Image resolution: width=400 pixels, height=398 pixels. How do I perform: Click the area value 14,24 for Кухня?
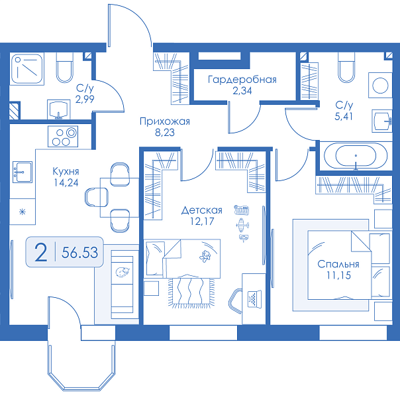coord(66,182)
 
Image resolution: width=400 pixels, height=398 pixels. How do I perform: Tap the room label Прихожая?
coord(165,121)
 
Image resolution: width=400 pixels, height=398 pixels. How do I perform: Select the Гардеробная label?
coord(242,80)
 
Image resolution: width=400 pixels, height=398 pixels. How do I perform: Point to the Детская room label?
coord(202,210)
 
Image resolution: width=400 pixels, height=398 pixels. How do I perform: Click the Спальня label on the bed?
coord(338,264)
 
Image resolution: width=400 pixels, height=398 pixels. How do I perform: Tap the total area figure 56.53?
coord(80,252)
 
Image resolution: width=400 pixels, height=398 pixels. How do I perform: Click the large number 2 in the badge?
coord(41,252)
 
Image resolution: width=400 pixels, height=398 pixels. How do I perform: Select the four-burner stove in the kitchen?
coord(63,137)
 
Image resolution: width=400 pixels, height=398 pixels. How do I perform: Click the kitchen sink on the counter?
coord(23,172)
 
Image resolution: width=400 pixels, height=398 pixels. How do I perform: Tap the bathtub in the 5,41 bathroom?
coord(356,156)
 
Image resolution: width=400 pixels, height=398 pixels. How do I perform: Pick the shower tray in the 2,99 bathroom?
coord(26,69)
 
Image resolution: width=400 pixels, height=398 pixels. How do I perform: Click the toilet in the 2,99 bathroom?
coord(64,68)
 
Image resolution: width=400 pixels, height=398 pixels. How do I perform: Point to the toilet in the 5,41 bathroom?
coord(346,68)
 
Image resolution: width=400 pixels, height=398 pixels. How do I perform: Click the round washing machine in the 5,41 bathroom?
coord(380,85)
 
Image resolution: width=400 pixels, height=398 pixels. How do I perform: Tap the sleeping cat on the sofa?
coord(123,272)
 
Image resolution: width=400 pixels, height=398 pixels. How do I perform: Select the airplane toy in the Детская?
coord(242,225)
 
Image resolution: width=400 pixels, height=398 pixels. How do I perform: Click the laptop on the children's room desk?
coord(254,298)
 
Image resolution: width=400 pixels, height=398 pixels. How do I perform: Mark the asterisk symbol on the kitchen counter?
coord(23,212)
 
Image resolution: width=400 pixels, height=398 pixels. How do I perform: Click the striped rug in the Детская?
coord(191,293)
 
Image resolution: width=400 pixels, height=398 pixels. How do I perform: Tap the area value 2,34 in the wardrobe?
coord(242,91)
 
